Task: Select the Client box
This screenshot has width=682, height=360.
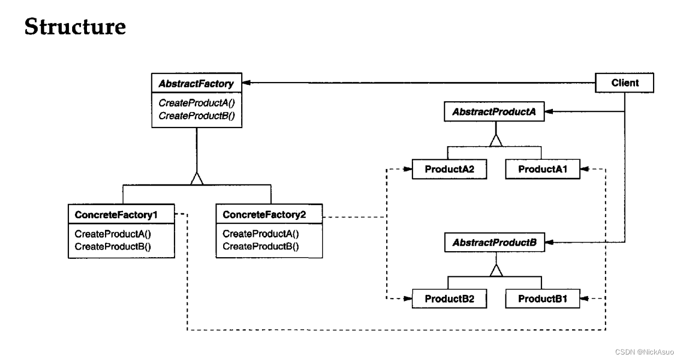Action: coord(625,83)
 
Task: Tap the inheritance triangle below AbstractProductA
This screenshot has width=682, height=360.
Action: coord(496,141)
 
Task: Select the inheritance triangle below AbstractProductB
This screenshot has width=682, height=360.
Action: coord(496,270)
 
